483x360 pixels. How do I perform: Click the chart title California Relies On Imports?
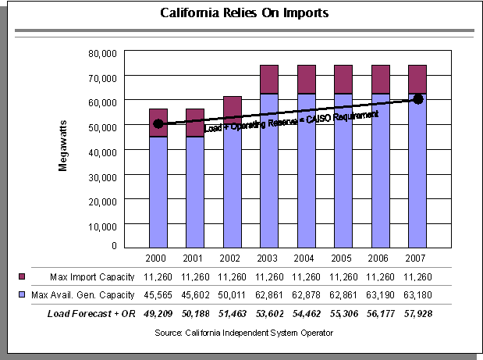(244, 13)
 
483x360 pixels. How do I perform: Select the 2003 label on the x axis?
(269, 258)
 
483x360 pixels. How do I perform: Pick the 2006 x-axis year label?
(380, 258)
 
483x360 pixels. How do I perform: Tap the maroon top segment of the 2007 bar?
(417, 79)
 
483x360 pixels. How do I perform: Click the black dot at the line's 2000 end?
(158, 123)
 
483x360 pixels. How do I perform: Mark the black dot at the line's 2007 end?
(417, 99)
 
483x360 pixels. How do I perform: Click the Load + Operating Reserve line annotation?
(291, 121)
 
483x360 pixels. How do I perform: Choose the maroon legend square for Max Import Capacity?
(22, 277)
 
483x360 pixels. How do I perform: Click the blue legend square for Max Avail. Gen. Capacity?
(22, 294)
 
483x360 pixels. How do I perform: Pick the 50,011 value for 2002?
(232, 294)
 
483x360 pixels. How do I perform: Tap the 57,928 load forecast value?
(417, 313)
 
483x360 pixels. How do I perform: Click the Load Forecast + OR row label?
(89, 313)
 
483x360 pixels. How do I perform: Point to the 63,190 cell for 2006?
(380, 294)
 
